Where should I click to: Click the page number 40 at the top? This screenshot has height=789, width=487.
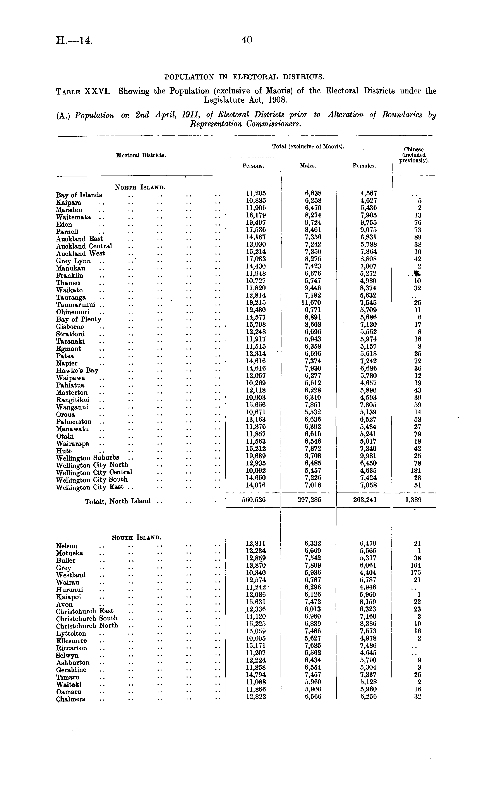point(247,40)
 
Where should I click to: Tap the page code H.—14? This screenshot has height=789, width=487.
point(74,41)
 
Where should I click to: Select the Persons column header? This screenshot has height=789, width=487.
point(253,166)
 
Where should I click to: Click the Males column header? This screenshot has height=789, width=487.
point(308,166)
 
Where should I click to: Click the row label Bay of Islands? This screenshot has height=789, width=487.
point(79,195)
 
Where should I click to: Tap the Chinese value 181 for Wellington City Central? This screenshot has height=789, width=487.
point(417,471)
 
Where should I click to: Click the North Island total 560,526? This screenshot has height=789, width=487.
point(254,500)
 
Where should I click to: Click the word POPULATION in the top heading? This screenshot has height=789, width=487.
point(189,77)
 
